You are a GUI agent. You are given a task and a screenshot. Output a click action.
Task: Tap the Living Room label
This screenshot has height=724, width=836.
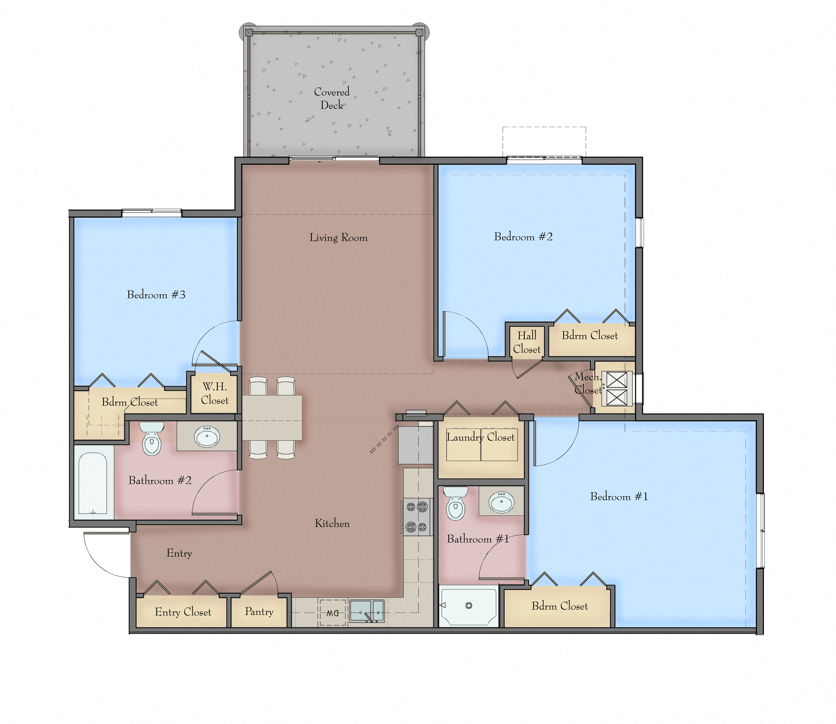(x=338, y=238)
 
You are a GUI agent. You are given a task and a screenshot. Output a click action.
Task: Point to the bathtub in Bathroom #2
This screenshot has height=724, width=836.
(x=93, y=483)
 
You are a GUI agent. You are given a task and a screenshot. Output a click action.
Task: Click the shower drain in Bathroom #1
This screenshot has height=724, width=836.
(x=469, y=605)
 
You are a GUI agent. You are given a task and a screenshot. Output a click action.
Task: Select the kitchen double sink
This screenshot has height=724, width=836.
(x=366, y=611)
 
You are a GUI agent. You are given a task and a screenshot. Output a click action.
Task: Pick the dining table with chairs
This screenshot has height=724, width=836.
(x=272, y=418)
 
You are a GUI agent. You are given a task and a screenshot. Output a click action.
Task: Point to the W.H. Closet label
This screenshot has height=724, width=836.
(x=215, y=393)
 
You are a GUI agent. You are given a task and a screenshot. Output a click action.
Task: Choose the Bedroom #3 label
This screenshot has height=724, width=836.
(x=156, y=295)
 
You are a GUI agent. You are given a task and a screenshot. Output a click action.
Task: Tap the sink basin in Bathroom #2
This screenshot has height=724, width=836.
(x=207, y=436)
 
